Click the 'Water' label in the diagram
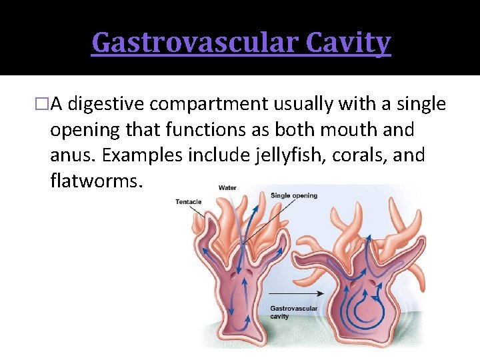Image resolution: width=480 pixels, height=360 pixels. [x=227, y=188]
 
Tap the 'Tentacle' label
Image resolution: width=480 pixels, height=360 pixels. [x=189, y=201]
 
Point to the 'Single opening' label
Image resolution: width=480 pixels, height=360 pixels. [x=294, y=195]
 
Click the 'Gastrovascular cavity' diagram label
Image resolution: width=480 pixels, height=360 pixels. [x=294, y=313]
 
